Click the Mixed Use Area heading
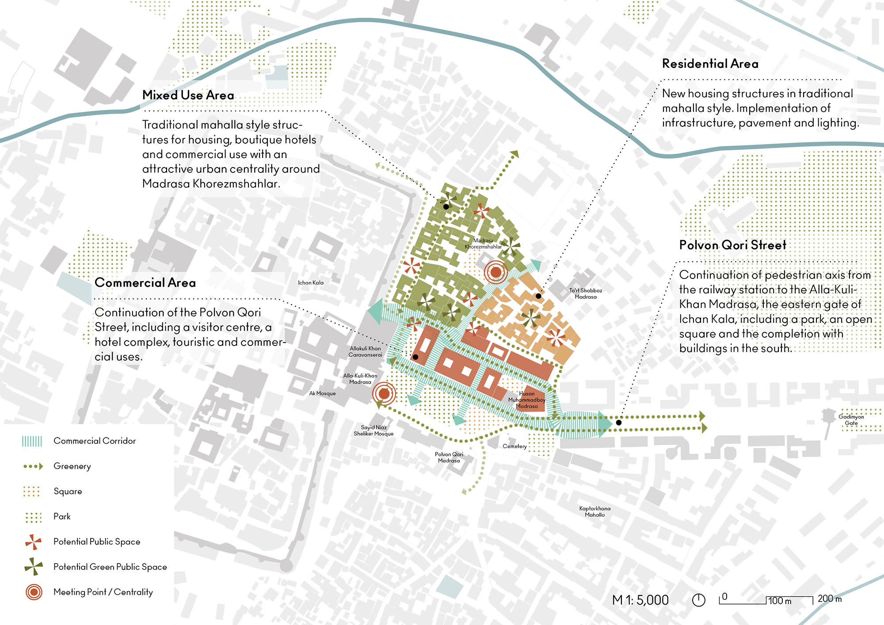point(188,95)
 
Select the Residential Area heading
point(710,64)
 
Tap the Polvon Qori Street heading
point(732,245)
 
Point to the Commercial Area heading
point(145,282)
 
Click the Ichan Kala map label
point(310,282)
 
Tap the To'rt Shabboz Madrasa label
point(585,293)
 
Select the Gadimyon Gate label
point(851,420)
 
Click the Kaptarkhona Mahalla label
point(594,511)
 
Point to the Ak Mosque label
point(322,393)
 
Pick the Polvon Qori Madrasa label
point(449,457)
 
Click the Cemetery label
point(514,446)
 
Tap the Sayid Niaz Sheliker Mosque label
point(373,431)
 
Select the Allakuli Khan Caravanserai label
point(365,351)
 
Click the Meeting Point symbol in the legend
point(34,592)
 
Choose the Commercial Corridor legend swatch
point(32,441)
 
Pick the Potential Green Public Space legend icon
point(34,567)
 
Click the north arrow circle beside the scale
point(698,600)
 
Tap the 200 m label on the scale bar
point(829,599)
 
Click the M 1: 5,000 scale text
point(640,600)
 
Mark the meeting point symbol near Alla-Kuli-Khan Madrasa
point(384,393)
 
